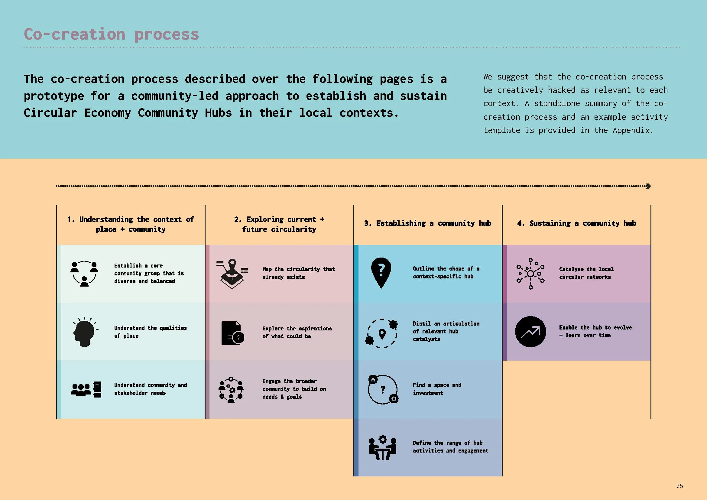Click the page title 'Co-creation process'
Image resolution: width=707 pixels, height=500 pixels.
[112, 34]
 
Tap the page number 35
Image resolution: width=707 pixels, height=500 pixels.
[679, 486]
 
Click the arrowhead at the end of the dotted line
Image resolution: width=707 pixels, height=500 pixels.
[648, 186]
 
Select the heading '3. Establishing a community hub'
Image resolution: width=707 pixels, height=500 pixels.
[427, 223]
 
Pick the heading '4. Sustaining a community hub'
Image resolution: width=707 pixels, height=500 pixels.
[576, 223]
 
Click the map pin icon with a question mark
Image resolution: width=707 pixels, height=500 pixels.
[381, 272]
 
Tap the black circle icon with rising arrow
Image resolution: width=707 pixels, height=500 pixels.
[530, 332]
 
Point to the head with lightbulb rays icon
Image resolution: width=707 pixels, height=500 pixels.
[84, 332]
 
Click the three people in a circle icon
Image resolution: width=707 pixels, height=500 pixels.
[84, 273]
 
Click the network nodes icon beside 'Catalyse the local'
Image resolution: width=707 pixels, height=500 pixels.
[530, 273]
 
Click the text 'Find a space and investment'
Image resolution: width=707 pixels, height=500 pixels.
[437, 389]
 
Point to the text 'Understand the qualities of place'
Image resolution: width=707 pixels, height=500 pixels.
[150, 332]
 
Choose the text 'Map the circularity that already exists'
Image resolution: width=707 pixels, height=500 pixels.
[298, 273]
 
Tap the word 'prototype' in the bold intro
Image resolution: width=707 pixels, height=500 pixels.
[54, 96]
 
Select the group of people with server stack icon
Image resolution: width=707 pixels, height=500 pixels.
[86, 389]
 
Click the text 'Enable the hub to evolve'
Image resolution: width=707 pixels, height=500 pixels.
[595, 328]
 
